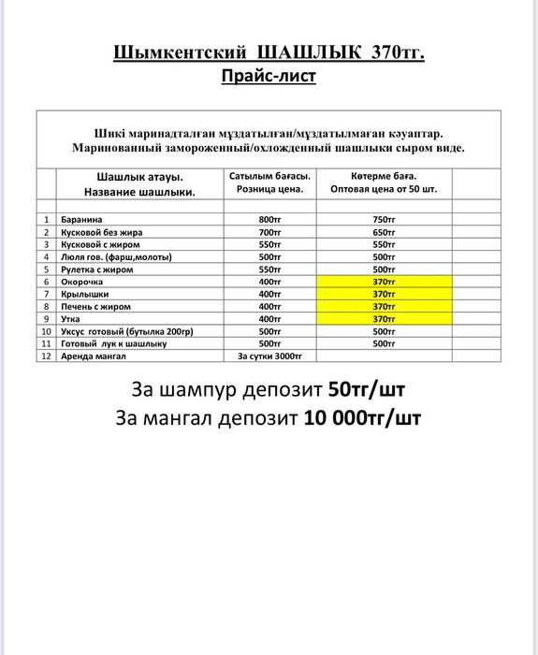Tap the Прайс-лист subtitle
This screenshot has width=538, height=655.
[269, 76]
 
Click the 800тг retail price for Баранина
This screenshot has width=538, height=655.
[269, 220]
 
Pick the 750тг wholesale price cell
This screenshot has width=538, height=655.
[384, 220]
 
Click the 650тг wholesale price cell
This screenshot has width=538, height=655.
[384, 232]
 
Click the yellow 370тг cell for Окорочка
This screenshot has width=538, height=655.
[384, 282]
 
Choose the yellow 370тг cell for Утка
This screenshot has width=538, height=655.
[384, 318]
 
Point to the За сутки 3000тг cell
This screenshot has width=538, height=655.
[269, 356]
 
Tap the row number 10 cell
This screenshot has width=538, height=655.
[46, 331]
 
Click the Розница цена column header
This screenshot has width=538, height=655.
[269, 189]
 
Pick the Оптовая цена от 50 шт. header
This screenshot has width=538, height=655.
[384, 189]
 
